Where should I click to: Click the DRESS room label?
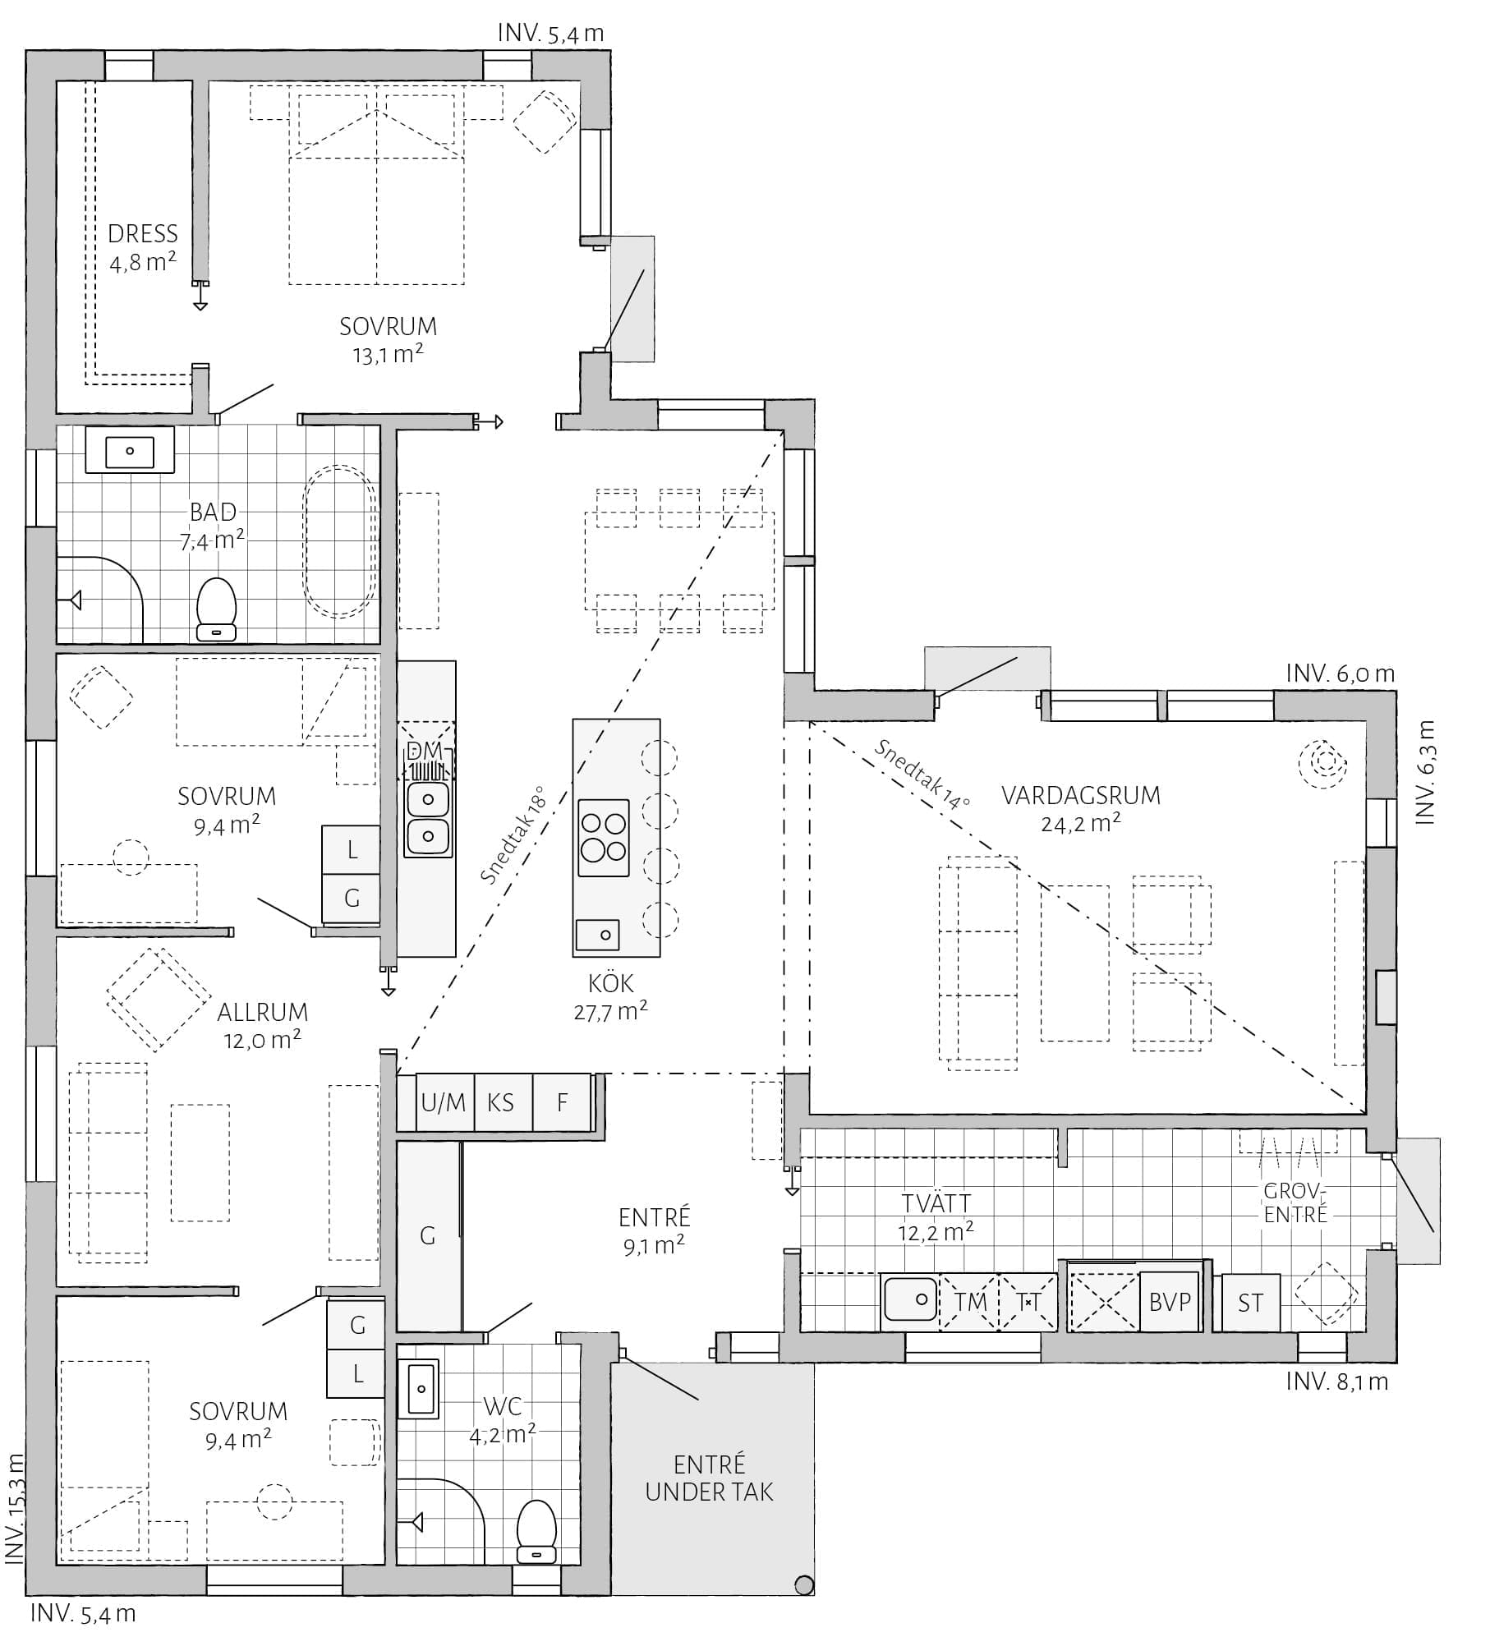143,234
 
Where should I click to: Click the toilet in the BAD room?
217,609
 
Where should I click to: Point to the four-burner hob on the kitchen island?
604,838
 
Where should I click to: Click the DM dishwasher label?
425,750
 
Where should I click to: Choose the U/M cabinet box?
444,1102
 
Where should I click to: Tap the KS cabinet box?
501,1102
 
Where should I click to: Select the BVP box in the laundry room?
1170,1302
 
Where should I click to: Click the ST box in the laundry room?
1250,1303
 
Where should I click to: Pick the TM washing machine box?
969,1302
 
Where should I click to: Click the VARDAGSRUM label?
1081,795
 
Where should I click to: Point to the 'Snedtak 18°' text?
513,835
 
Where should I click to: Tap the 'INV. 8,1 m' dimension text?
1337,1382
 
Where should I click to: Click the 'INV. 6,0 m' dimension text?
1341,674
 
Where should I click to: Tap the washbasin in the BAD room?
130,450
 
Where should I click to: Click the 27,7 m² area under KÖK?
610,1011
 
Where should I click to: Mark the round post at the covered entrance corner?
804,1585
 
